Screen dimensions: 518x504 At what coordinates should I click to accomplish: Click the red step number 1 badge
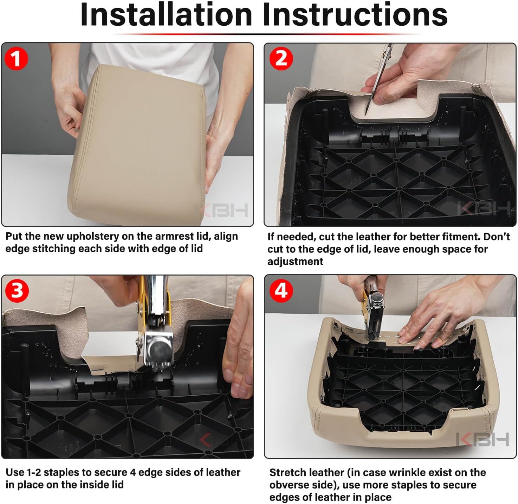click(x=16, y=59)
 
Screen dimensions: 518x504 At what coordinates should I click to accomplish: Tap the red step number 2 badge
click(x=281, y=59)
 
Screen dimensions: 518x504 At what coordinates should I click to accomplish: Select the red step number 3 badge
click(x=17, y=291)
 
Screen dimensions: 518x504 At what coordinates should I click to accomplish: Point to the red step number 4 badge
click(x=281, y=291)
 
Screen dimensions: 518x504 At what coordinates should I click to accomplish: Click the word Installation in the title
click(x=166, y=15)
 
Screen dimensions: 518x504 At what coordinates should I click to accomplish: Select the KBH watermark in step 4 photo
click(x=483, y=440)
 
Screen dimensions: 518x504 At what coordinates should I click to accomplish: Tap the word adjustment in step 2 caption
click(x=295, y=262)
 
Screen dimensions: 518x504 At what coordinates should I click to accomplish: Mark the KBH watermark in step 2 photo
click(x=484, y=208)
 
